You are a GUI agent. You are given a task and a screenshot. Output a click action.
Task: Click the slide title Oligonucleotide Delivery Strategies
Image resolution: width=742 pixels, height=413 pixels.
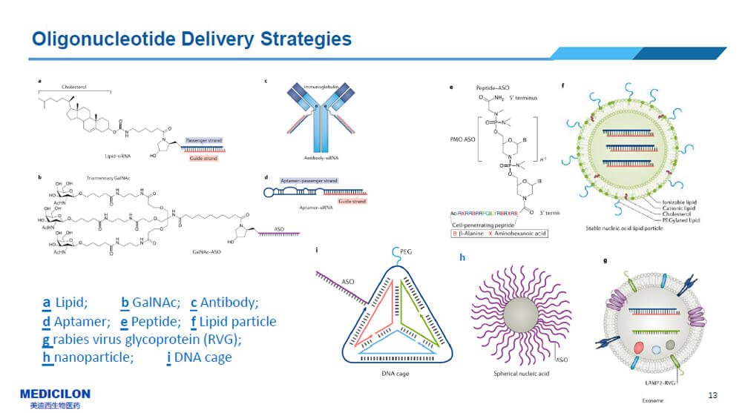click(192, 38)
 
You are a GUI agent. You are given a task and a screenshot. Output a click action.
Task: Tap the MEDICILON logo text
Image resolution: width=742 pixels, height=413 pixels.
click(55, 394)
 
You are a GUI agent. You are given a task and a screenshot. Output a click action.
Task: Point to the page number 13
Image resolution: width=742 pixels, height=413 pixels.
click(713, 394)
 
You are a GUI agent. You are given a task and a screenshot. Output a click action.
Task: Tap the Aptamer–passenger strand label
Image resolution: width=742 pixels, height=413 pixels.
click(309, 180)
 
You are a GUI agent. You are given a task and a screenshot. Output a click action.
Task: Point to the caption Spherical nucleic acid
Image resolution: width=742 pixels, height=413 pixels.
click(519, 374)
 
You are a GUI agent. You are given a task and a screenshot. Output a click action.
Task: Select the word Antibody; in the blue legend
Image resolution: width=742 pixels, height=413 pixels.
click(229, 303)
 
